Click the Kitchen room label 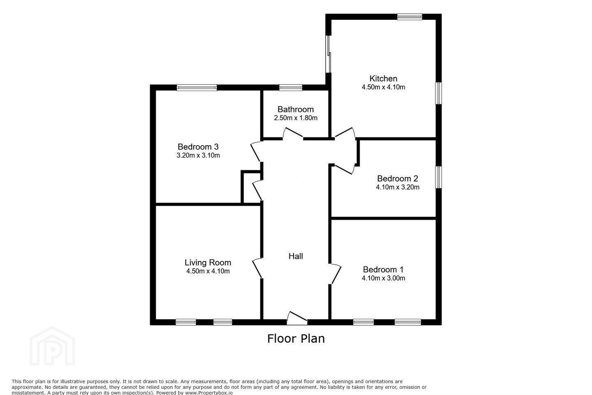(383, 79)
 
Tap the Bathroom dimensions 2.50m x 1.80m (296, 118)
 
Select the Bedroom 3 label (198, 146)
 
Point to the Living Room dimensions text (208, 271)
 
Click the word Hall (296, 256)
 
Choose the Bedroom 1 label (383, 270)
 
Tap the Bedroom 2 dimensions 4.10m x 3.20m (398, 187)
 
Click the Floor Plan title (296, 339)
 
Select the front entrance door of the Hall (297, 318)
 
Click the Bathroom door (293, 133)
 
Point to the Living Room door (257, 268)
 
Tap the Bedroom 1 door (335, 274)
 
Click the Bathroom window (291, 88)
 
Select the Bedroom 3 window (197, 88)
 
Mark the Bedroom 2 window (438, 177)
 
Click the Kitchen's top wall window (409, 17)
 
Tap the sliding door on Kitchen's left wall (328, 54)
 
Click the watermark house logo (52, 346)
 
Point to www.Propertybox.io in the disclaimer (209, 393)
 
